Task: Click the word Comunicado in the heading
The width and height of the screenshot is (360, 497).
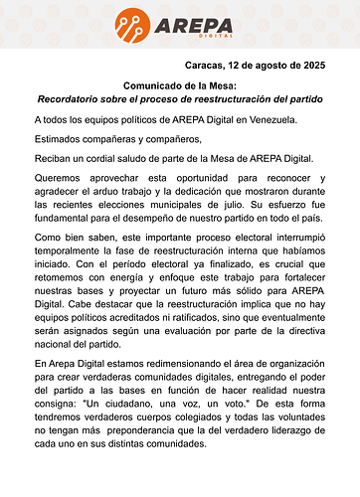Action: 153,85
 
